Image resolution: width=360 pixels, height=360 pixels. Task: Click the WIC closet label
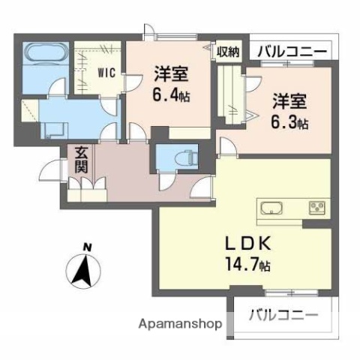pyautogui.click(x=104, y=73)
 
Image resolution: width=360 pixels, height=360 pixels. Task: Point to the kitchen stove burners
pyautogui.click(x=315, y=207)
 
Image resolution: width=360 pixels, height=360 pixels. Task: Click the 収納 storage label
pyautogui.click(x=229, y=51)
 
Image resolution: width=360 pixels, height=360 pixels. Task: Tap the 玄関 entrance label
pyautogui.click(x=82, y=159)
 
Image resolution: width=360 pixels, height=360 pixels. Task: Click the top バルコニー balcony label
pyautogui.click(x=292, y=51)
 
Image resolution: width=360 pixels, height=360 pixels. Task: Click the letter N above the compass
pyautogui.click(x=87, y=247)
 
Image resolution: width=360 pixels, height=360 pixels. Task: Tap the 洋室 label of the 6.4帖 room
pyautogui.click(x=172, y=74)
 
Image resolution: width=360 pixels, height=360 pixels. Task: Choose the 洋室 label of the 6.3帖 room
pyautogui.click(x=289, y=100)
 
